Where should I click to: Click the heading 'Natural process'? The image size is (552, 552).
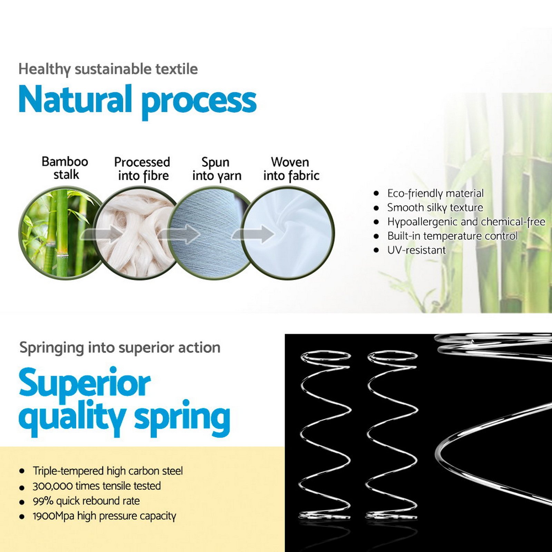coord(137,100)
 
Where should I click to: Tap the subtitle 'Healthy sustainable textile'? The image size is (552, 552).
coord(108,69)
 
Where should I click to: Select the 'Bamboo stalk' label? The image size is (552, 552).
coord(65,168)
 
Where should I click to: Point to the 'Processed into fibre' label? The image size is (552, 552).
coord(142,169)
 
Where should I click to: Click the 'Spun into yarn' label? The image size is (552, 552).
coord(217,169)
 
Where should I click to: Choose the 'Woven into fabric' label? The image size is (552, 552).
coord(291,169)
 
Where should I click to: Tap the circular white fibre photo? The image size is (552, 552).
coord(136,233)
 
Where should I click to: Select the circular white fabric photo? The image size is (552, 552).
coord(288,233)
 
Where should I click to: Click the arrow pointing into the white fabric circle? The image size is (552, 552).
coord(253,234)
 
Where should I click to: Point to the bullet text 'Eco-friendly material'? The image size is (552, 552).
coord(435,194)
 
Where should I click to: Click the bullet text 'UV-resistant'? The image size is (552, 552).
coord(416,250)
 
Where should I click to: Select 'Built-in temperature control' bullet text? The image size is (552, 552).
coord(452,236)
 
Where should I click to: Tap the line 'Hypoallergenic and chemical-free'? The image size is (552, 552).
coord(466,222)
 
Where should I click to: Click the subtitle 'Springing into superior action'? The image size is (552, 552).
coord(120,348)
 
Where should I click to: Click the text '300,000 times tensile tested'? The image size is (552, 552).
coord(97,486)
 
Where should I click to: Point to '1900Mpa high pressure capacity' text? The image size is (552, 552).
coord(104,516)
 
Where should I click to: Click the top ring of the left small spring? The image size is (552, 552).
coord(326,352)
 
